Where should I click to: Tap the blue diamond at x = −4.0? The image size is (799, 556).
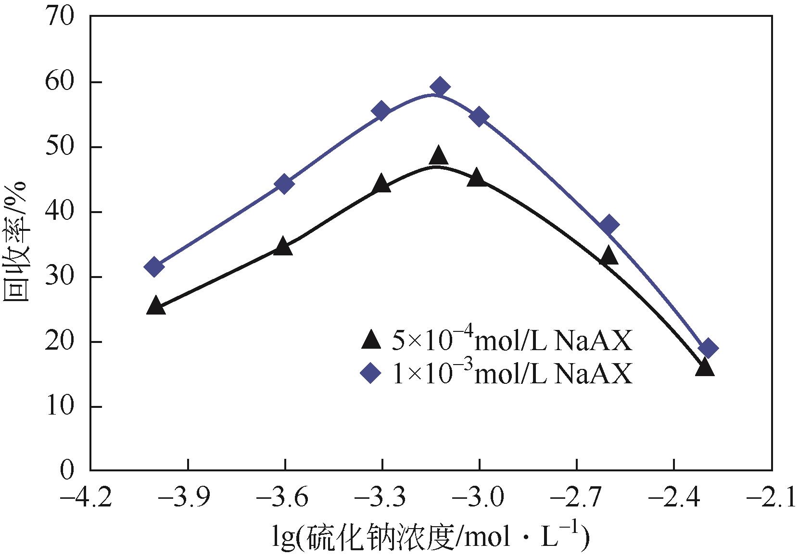click(x=154, y=266)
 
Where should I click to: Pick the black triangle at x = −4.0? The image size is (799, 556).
click(x=155, y=306)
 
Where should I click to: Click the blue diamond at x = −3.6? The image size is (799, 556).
click(x=284, y=184)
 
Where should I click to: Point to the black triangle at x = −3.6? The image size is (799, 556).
click(x=282, y=246)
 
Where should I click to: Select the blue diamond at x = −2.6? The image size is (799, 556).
click(x=609, y=225)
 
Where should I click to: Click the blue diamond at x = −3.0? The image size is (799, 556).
click(x=479, y=117)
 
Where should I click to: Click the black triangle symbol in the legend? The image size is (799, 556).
click(x=371, y=340)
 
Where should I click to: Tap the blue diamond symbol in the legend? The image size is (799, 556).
click(x=371, y=373)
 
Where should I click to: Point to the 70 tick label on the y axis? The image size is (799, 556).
click(x=61, y=17)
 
